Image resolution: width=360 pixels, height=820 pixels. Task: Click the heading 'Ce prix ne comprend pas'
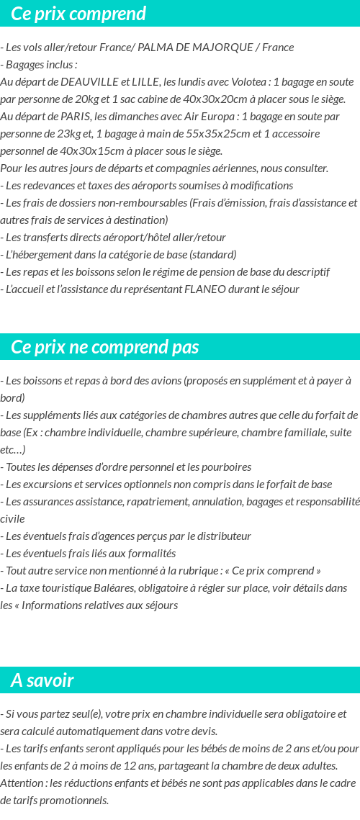click(x=105, y=347)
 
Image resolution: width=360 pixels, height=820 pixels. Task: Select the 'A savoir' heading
click(x=42, y=680)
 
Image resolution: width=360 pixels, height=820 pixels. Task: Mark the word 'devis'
click(x=204, y=731)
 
